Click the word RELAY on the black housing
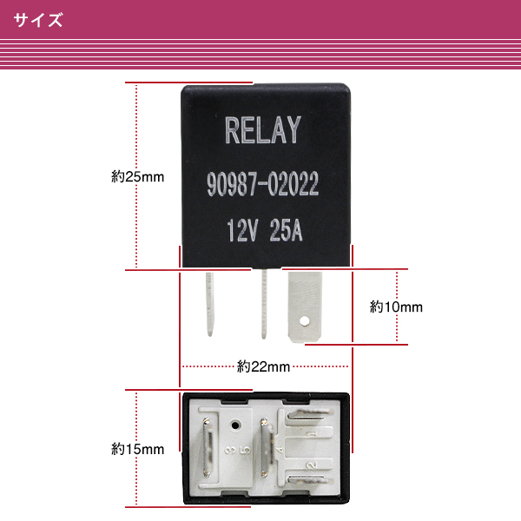[263, 130]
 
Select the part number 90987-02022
[263, 184]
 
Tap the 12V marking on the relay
[242, 230]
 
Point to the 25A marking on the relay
[286, 230]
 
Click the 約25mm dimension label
[137, 177]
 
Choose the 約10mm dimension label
[396, 307]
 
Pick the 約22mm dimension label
[263, 366]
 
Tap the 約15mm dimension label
[137, 449]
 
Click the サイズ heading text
[38, 20]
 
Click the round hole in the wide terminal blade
[304, 321]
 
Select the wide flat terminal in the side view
[305, 307]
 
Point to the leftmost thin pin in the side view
[209, 304]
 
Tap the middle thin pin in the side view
[264, 304]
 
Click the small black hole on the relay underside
[235, 425]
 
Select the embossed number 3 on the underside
[229, 451]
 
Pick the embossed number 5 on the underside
[247, 451]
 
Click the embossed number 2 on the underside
[313, 465]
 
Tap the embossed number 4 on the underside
[280, 450]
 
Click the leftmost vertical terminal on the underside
[208, 447]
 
